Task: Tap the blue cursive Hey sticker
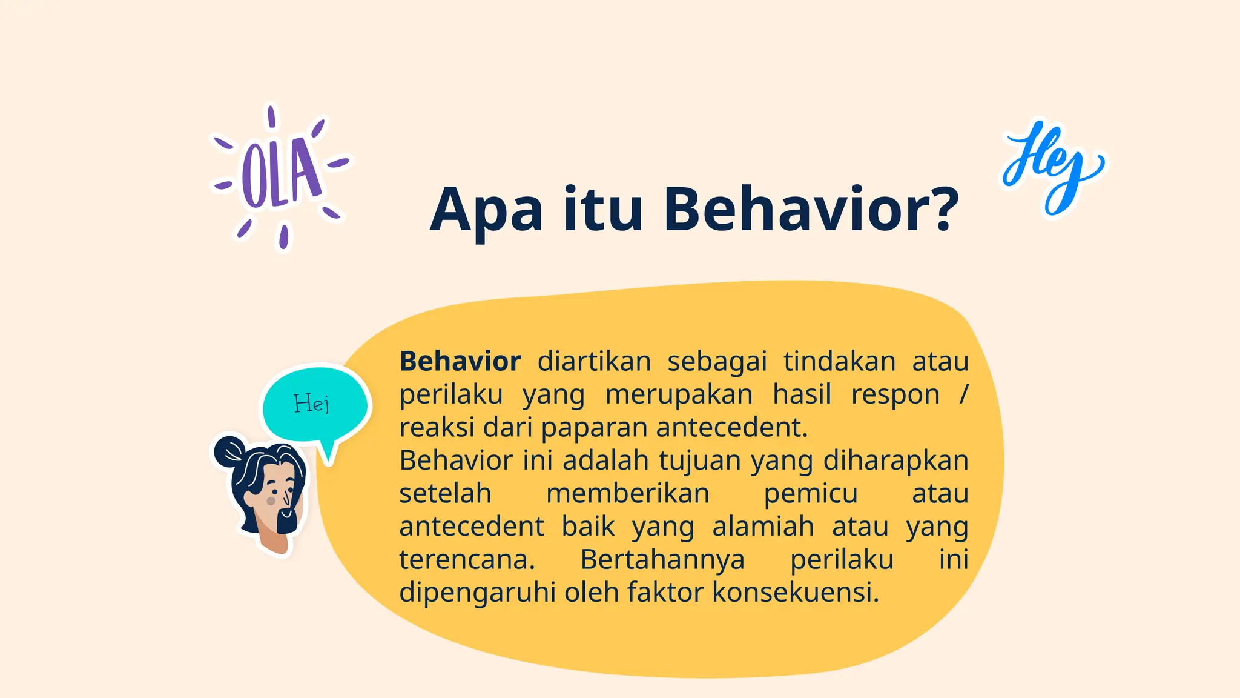click(x=1052, y=167)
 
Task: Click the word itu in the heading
click(x=602, y=210)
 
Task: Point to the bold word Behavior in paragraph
click(x=460, y=362)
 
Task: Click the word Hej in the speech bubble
click(x=312, y=404)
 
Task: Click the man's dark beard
click(x=287, y=521)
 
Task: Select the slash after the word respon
click(x=964, y=394)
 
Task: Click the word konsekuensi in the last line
click(x=794, y=592)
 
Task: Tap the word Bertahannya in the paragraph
click(x=662, y=559)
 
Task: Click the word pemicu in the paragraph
click(x=810, y=493)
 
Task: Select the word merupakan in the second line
click(x=679, y=394)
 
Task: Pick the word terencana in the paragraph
click(x=467, y=559)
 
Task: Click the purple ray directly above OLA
click(x=271, y=117)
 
